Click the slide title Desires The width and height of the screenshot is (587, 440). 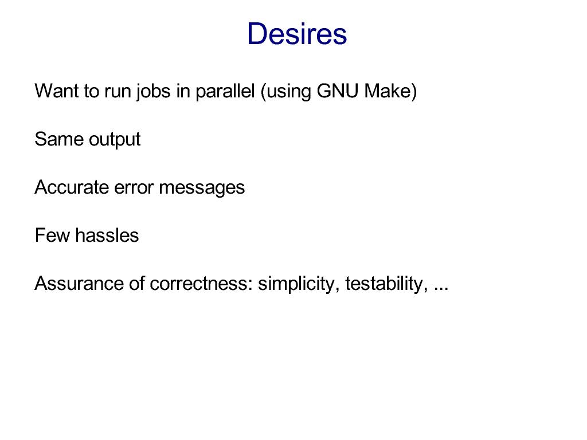click(297, 34)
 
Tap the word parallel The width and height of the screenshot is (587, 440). click(225, 92)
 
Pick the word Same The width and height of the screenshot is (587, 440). click(59, 139)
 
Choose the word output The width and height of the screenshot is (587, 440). click(115, 140)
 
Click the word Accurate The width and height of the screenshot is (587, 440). click(71, 187)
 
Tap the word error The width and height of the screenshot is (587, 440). click(134, 188)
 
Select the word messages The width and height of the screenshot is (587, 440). click(202, 188)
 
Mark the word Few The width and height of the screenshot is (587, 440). click(52, 235)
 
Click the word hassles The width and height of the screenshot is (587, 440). click(107, 235)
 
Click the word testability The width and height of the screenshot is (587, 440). click(386, 285)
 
